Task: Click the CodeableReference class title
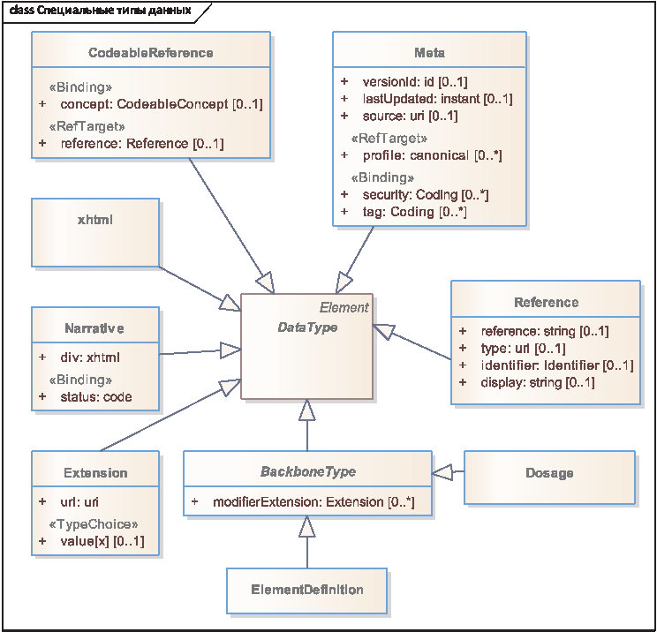pos(151,53)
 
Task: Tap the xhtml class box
pos(95,232)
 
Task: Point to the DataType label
pos(307,327)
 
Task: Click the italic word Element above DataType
pos(344,308)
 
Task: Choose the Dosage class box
pos(549,478)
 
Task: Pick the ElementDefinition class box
pos(306,591)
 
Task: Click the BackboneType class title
pos(308,471)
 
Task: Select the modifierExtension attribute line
pos(304,501)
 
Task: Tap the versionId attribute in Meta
pos(405,82)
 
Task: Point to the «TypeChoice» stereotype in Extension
pos(94,524)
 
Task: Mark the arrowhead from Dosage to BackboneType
pos(442,472)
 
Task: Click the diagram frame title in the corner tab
pos(100,11)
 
